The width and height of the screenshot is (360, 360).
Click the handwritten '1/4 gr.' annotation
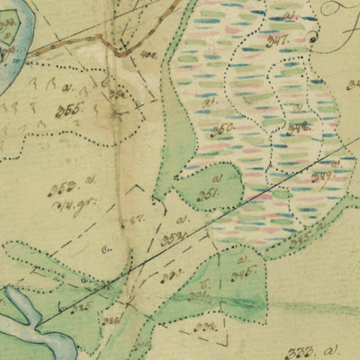pos(68,203)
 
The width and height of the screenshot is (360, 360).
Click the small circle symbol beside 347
pos(313,38)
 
